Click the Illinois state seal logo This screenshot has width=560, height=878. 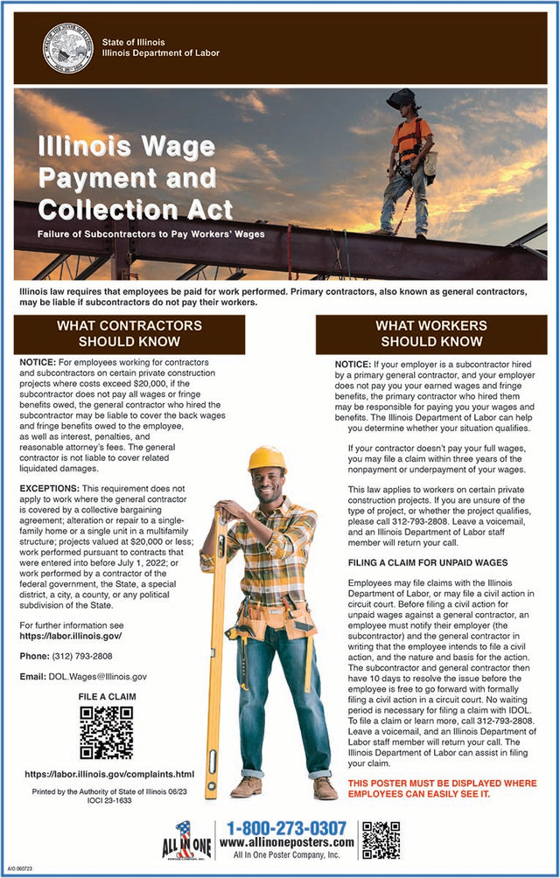point(67,48)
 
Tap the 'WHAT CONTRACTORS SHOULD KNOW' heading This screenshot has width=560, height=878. point(129,333)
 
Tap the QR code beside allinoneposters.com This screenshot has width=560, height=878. point(381,840)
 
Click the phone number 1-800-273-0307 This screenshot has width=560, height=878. point(286,827)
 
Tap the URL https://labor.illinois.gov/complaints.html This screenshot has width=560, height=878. point(109,774)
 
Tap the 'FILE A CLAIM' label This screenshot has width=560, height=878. point(107,697)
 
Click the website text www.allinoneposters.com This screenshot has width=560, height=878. point(286,842)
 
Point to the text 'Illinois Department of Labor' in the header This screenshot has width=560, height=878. point(160,53)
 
